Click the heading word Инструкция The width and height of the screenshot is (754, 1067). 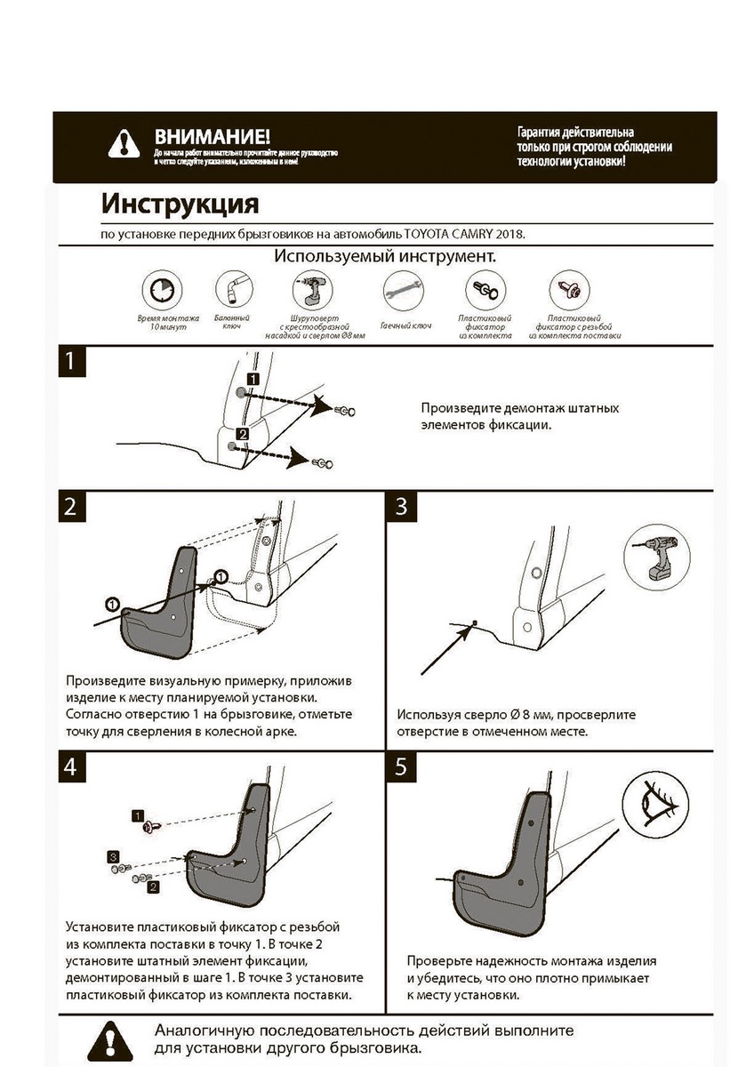click(180, 204)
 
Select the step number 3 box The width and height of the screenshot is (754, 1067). click(402, 507)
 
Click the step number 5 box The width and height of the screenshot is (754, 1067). click(402, 766)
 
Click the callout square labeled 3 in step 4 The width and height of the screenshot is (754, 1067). click(113, 855)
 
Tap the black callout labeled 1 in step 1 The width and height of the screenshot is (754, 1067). click(253, 379)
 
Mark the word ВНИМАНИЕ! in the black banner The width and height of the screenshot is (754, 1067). click(211, 137)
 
